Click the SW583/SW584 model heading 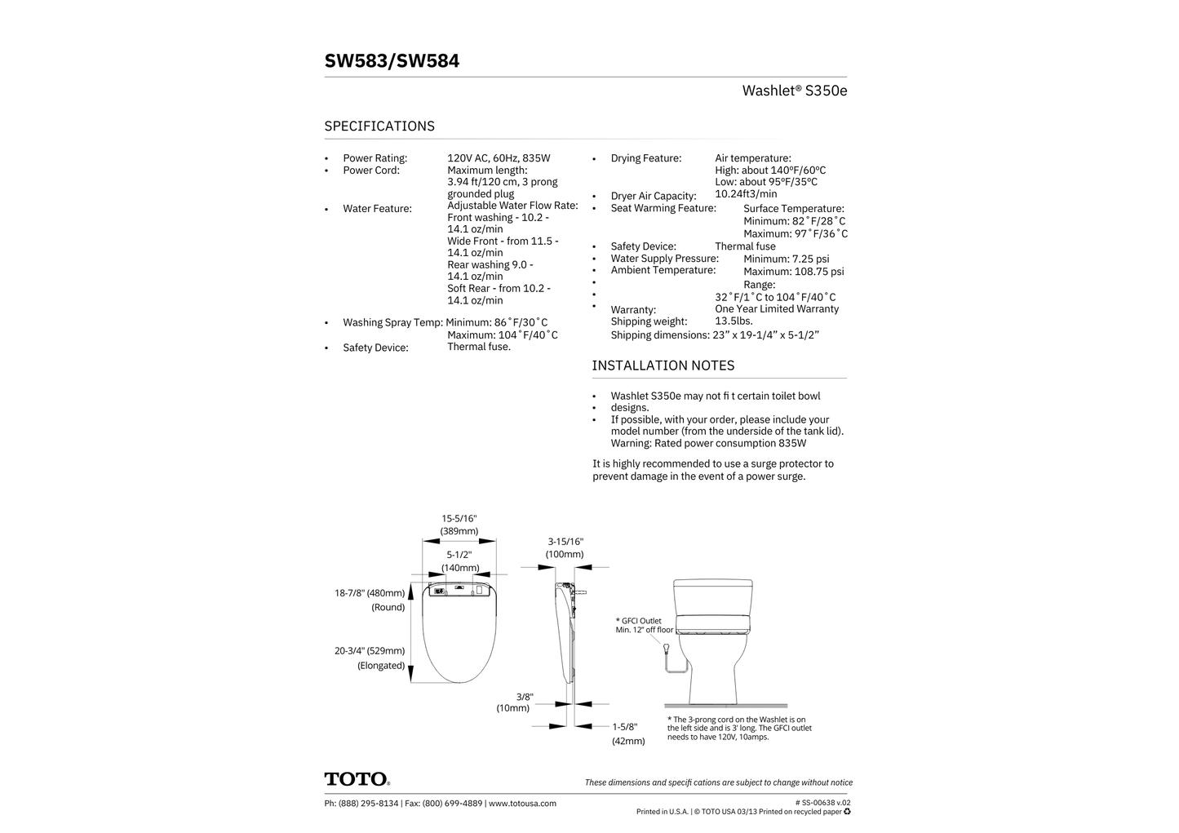[392, 61]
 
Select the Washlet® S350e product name [794, 91]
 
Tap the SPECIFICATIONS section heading [379, 126]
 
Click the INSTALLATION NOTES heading [663, 366]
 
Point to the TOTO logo [357, 779]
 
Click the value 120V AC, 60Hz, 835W [499, 158]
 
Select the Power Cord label [371, 171]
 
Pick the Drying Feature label [645, 158]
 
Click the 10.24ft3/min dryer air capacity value [746, 194]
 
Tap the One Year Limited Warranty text [776, 309]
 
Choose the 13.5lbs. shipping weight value [734, 321]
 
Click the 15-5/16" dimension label [459, 519]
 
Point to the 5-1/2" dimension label [459, 555]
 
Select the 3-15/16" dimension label [565, 542]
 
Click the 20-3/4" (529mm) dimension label [370, 651]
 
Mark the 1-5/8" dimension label [625, 727]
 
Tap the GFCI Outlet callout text [644, 625]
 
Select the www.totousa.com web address [522, 804]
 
